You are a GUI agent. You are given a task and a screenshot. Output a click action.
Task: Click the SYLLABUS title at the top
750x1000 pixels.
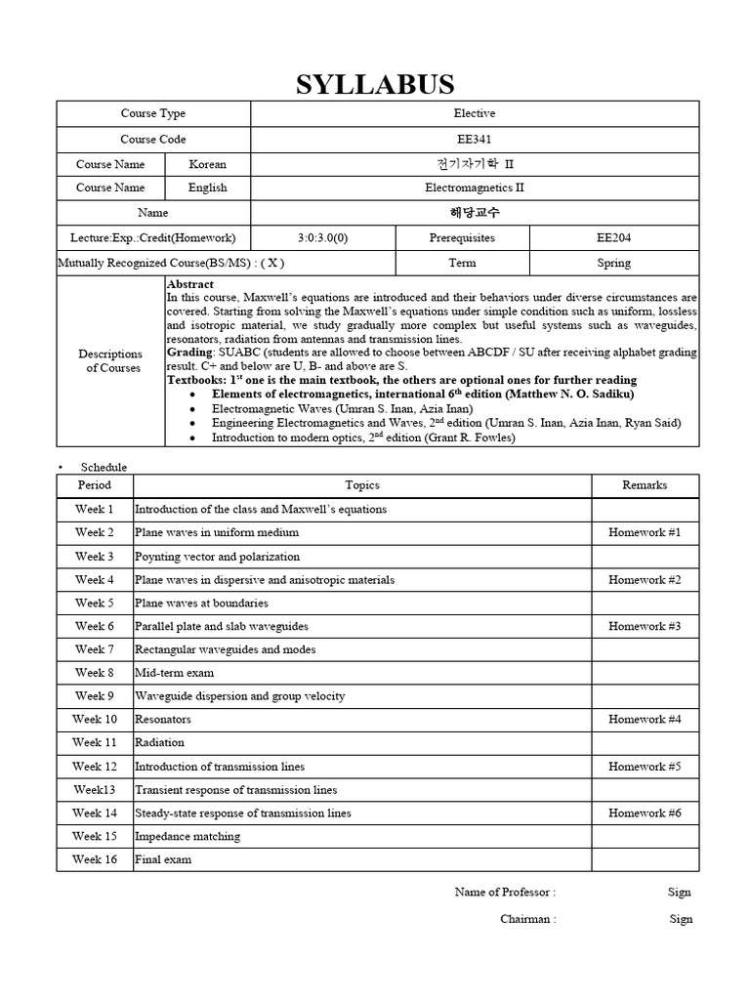tap(376, 84)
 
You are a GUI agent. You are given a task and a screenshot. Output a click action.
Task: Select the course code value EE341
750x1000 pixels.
tap(475, 140)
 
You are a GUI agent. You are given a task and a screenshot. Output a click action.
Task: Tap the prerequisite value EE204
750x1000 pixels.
tap(614, 237)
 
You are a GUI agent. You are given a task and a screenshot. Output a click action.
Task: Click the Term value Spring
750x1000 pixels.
tap(614, 263)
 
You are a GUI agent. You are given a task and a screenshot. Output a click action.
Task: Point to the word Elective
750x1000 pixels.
tap(475, 114)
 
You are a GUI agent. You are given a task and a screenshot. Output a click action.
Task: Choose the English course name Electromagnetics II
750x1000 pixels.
tap(475, 187)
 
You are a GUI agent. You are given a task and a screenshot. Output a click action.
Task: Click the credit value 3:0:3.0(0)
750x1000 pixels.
tap(322, 237)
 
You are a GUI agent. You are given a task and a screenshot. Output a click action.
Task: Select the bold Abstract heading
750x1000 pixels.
tap(190, 283)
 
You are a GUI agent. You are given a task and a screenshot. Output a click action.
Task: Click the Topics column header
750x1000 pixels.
tap(362, 485)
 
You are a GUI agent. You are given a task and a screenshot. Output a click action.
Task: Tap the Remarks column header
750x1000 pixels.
tap(645, 485)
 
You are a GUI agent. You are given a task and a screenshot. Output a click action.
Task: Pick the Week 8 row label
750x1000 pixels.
tap(95, 673)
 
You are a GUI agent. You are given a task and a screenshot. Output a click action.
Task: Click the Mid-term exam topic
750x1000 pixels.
tap(174, 673)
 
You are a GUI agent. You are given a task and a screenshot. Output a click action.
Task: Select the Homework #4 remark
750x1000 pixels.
tap(645, 720)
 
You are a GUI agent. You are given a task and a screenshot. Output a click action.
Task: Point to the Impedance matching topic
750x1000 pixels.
tap(187, 837)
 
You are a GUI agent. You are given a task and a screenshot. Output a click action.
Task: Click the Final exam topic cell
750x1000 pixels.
tap(163, 860)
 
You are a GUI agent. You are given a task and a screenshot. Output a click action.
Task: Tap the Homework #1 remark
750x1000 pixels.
tap(645, 532)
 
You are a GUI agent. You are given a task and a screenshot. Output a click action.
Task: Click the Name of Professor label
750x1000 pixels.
tap(505, 892)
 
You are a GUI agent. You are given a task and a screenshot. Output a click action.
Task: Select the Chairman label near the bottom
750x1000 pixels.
tap(527, 919)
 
